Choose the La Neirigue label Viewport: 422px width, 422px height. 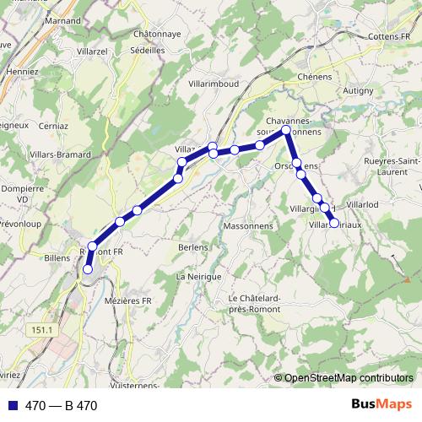point(198,276)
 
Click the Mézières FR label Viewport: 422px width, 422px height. point(129,300)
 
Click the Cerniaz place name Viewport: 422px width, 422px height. point(53,125)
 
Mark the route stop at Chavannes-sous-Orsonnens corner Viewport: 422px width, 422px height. point(286,130)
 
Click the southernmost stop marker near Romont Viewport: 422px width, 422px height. point(87,269)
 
